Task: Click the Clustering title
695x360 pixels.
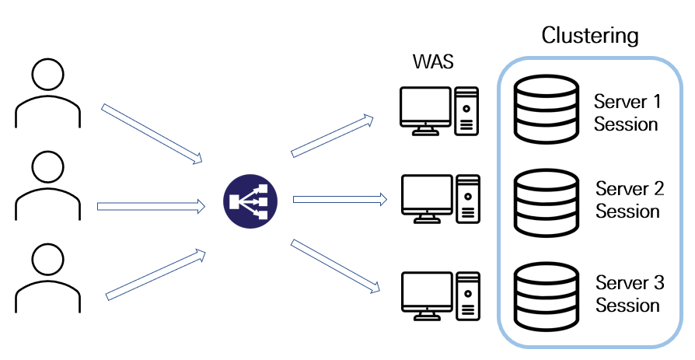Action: (590, 36)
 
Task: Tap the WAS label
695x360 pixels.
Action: (433, 61)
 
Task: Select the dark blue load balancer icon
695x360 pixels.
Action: (250, 201)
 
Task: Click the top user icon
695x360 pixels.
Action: (48, 93)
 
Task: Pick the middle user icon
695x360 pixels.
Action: (48, 186)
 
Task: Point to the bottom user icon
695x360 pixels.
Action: (48, 278)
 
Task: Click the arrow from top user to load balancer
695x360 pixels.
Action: (152, 134)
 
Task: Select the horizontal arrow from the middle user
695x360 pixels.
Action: (151, 206)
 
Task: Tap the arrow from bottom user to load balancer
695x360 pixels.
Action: (155, 275)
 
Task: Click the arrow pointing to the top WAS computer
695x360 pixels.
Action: (332, 135)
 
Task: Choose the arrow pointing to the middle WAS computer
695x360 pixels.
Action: (340, 200)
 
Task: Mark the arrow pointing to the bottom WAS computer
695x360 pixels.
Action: (335, 266)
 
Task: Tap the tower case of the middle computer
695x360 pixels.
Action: (468, 199)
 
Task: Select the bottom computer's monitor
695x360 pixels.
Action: (428, 295)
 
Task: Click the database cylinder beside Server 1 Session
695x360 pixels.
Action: (546, 110)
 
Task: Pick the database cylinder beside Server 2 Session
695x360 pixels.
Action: (546, 203)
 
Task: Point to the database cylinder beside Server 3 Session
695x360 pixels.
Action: (546, 296)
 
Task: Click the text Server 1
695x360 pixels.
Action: (627, 102)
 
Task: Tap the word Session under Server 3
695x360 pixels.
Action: (627, 305)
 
